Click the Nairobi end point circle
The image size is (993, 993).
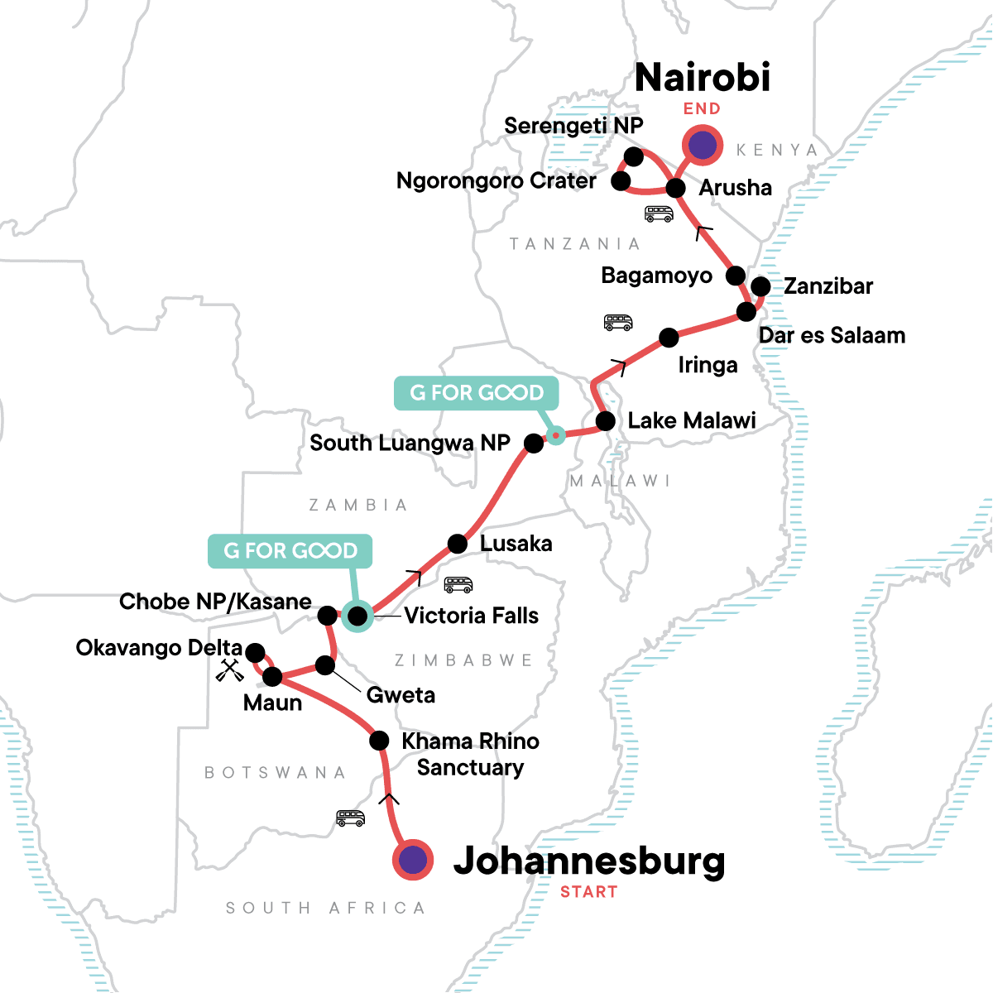702,146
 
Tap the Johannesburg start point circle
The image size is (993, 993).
413,861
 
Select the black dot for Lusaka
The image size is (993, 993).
458,544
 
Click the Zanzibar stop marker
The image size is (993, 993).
760,287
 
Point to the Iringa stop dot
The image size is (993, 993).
669,338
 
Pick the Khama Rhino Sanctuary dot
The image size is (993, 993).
379,740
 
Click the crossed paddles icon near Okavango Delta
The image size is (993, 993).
229,670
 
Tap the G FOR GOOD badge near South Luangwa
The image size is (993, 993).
477,393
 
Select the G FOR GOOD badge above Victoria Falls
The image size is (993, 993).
290,551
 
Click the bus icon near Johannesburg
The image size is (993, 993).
350,818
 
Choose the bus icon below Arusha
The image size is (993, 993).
659,214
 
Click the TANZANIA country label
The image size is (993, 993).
575,244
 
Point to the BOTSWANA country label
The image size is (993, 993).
276,773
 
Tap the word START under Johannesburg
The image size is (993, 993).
588,892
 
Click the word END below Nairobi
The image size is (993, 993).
702,109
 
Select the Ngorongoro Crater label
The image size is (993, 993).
496,181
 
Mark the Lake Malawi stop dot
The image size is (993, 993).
606,421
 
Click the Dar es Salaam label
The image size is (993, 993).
832,336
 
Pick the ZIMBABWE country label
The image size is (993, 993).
463,660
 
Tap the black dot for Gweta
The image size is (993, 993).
326,665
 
